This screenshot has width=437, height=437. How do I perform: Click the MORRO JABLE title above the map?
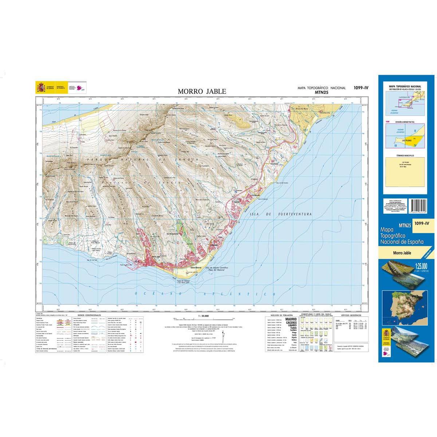pyautogui.click(x=202, y=91)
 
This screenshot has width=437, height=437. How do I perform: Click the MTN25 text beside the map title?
pyautogui.click(x=321, y=92)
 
